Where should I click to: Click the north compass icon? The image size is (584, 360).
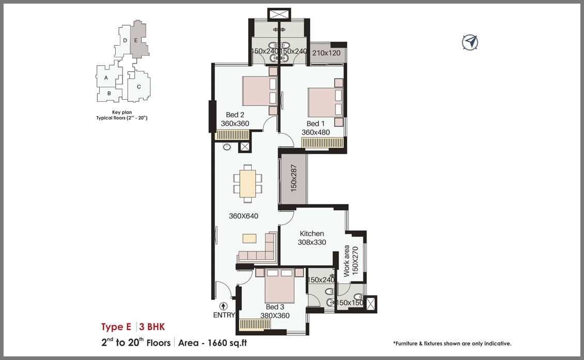click(x=470, y=42)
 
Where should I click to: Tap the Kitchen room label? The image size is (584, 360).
click(x=312, y=233)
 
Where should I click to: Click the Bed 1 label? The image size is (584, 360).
click(x=315, y=123)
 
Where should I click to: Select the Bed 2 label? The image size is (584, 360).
click(x=235, y=115)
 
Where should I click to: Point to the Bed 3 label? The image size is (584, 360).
click(x=275, y=307)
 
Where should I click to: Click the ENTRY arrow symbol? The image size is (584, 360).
click(x=223, y=306)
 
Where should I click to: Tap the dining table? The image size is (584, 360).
click(x=248, y=183)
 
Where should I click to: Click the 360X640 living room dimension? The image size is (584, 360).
click(x=243, y=216)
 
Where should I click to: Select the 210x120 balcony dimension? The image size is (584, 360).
click(x=326, y=53)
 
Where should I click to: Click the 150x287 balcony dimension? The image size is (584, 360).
click(x=294, y=178)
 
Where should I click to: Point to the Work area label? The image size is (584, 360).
click(x=346, y=261)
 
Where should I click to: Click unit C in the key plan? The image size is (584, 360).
click(x=139, y=87)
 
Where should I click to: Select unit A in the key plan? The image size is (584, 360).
click(x=106, y=78)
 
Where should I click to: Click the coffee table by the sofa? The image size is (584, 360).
click(x=250, y=238)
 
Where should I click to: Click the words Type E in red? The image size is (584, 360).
click(x=116, y=327)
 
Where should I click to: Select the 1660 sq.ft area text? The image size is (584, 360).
click(x=227, y=343)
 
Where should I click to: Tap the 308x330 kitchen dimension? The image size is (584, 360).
click(x=312, y=242)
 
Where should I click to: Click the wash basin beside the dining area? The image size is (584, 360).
click(x=227, y=147)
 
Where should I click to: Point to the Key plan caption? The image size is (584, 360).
click(x=122, y=112)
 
